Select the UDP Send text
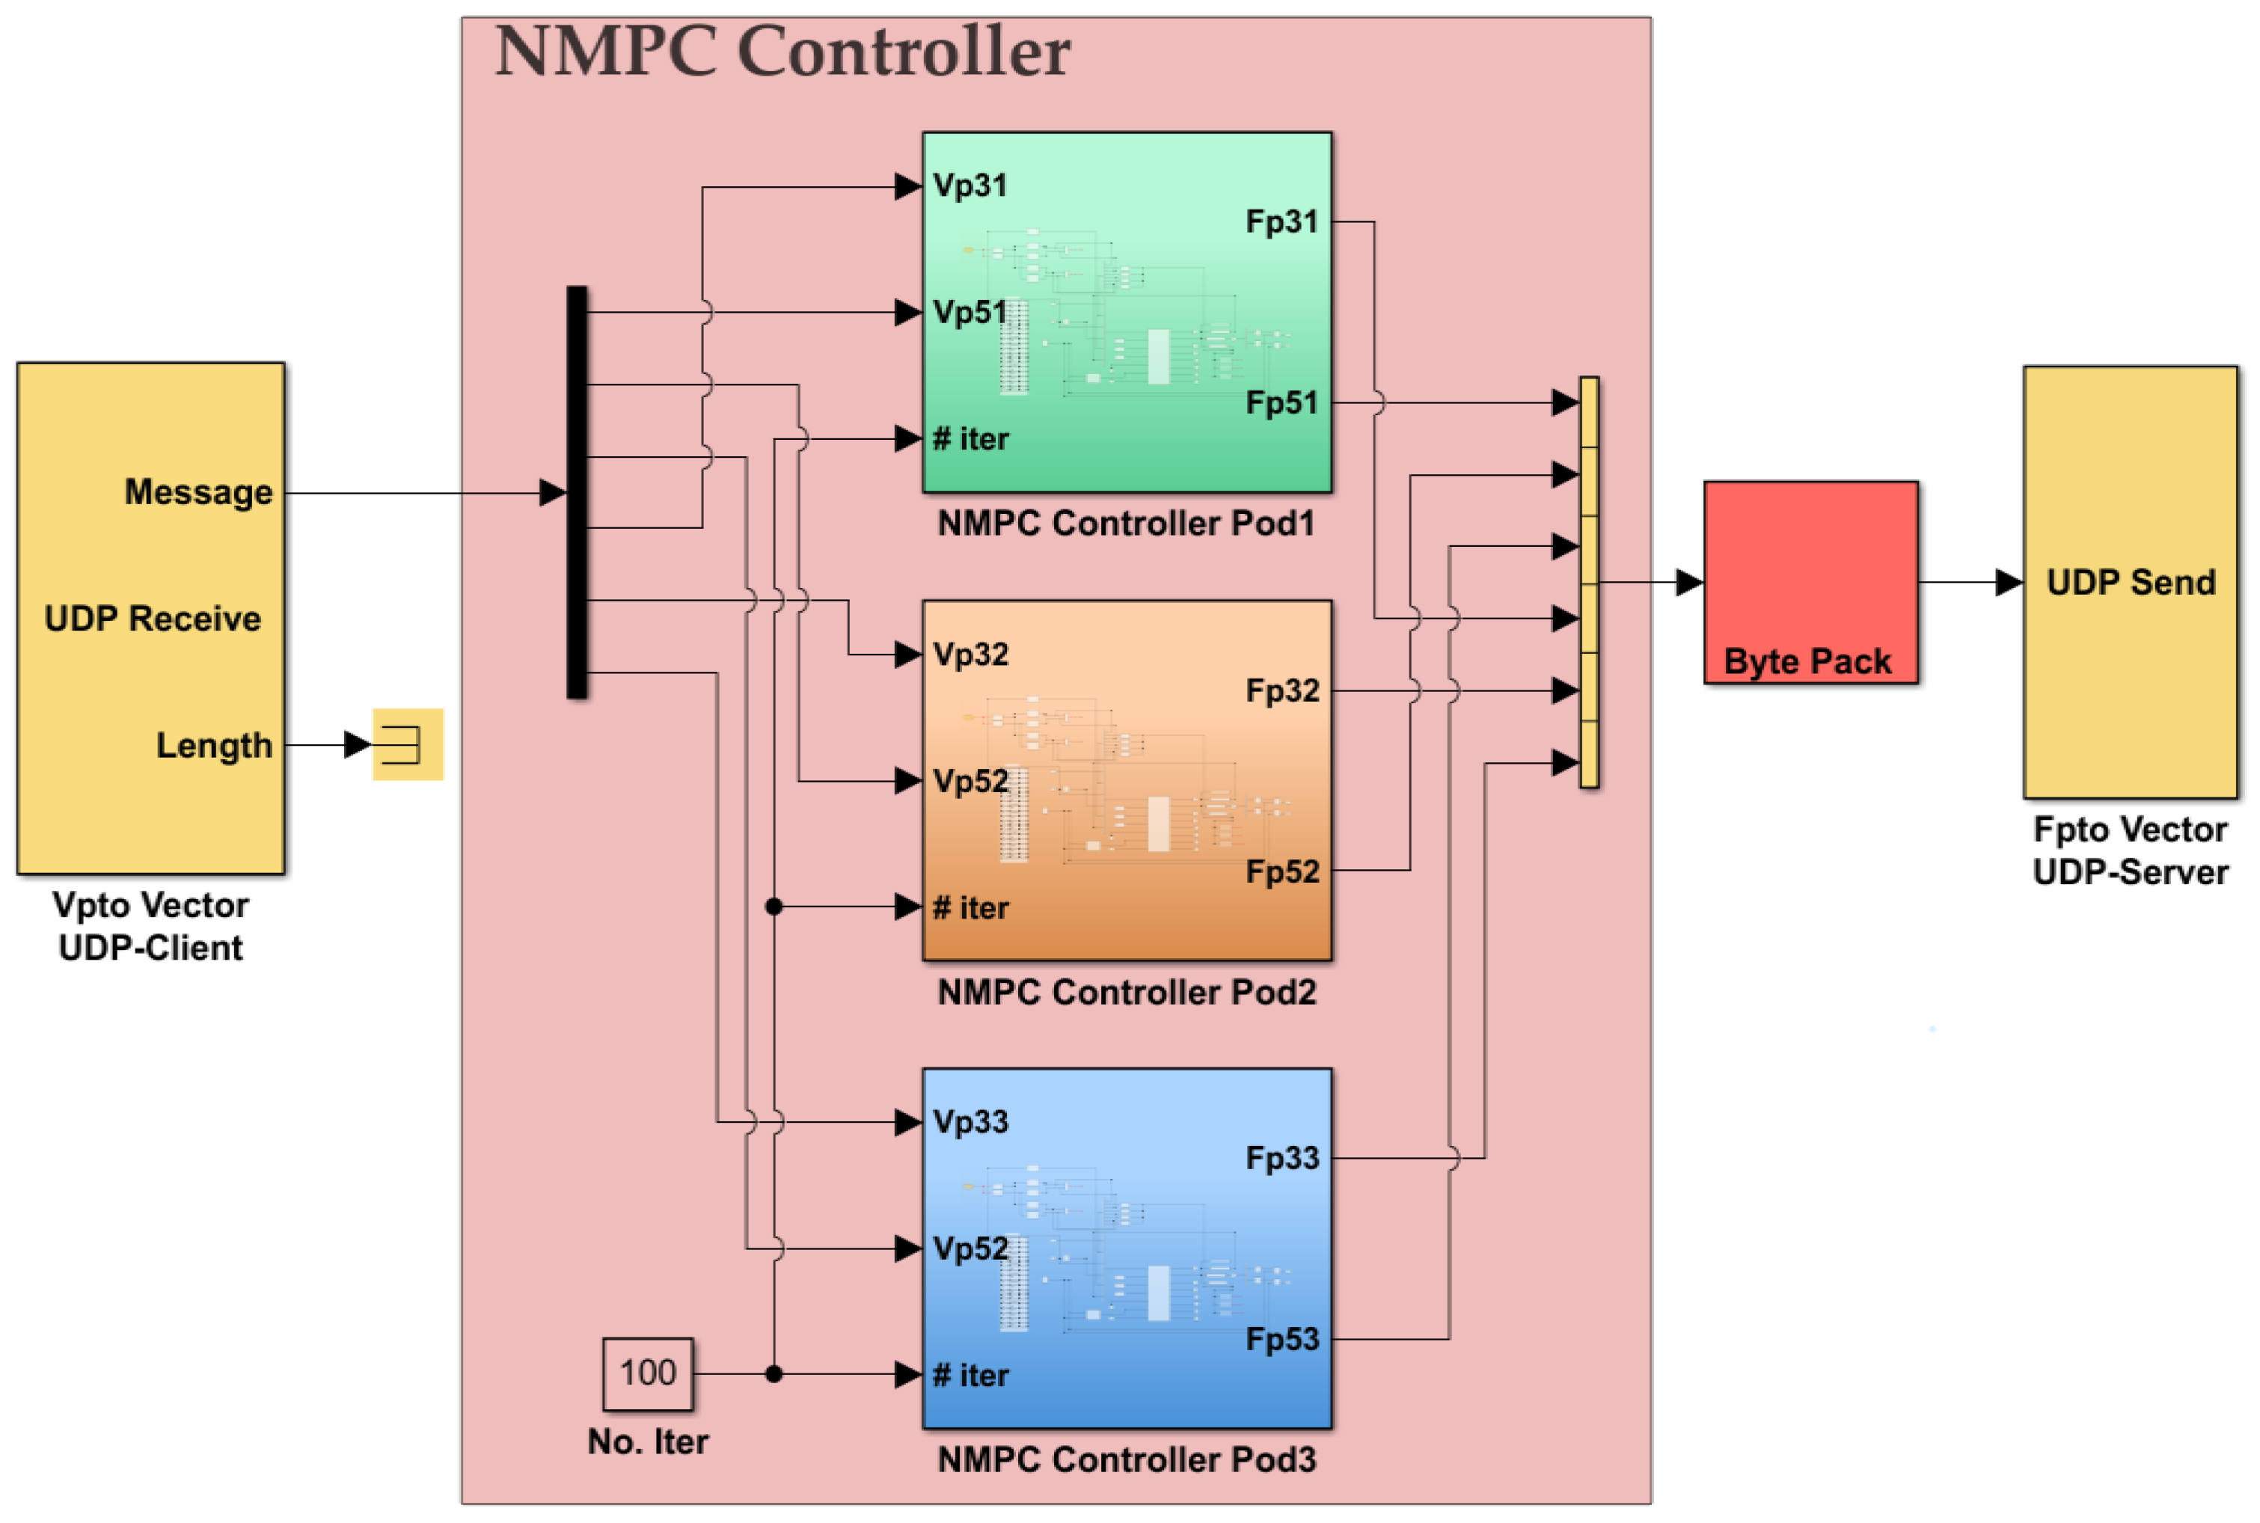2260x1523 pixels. click(x=2130, y=582)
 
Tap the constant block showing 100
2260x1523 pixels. click(x=647, y=1373)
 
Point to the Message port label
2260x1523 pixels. click(x=198, y=491)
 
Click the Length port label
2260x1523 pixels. click(x=214, y=745)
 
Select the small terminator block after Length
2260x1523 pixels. click(x=407, y=744)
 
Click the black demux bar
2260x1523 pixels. click(x=576, y=491)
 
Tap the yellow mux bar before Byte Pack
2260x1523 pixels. click(x=1589, y=582)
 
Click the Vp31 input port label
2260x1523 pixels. click(x=970, y=186)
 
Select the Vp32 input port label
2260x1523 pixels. click(x=970, y=655)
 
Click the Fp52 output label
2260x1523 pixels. click(x=1282, y=871)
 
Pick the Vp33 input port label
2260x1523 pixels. click(x=970, y=1122)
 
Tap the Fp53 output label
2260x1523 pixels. click(x=1282, y=1340)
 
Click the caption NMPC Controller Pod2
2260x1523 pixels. click(x=1126, y=992)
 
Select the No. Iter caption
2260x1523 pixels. click(x=647, y=1441)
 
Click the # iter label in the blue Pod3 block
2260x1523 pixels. click(x=970, y=1376)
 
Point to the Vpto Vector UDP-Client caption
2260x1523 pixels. click(x=150, y=925)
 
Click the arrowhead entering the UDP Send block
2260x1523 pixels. click(x=2009, y=582)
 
